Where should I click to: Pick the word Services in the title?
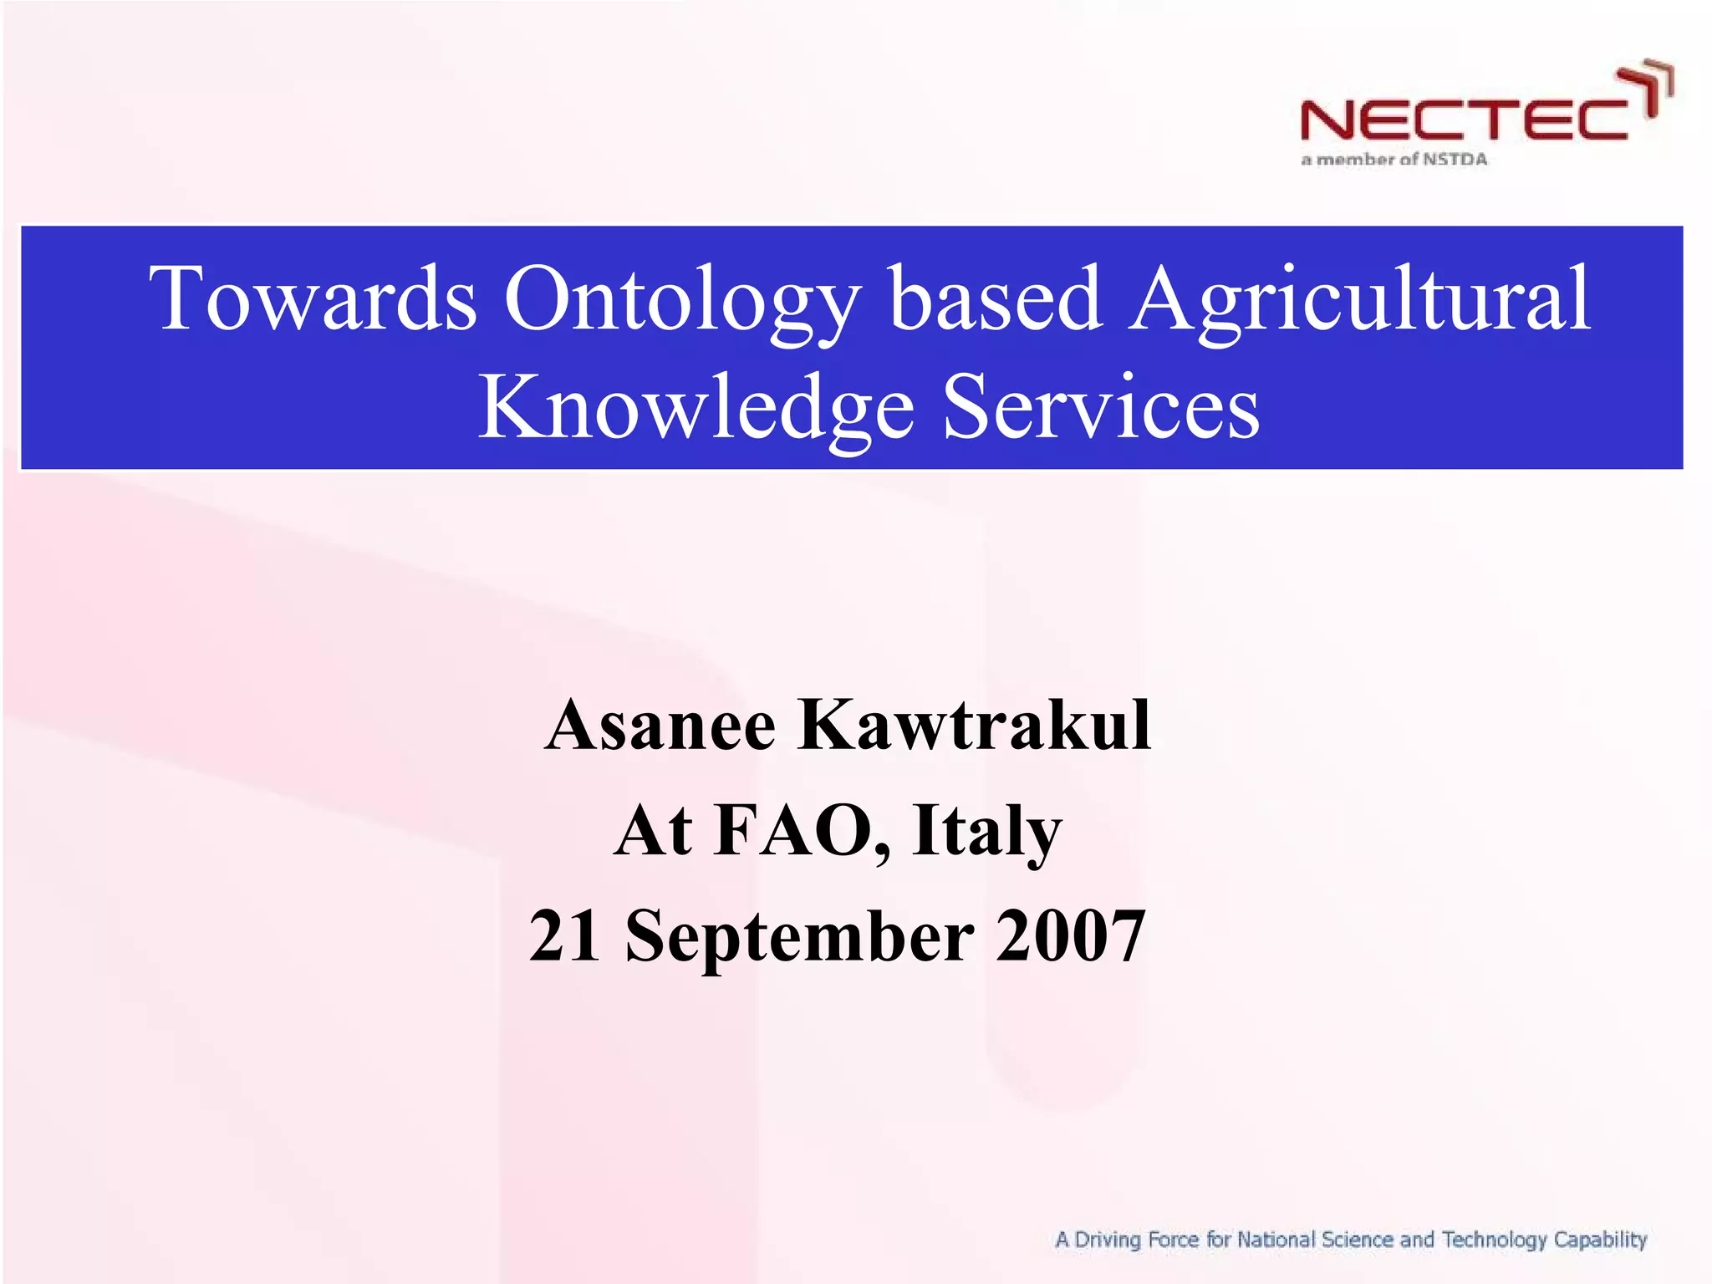click(x=1101, y=407)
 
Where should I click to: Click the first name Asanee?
click(x=660, y=725)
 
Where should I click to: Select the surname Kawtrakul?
click(x=976, y=725)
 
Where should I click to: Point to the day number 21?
click(x=564, y=935)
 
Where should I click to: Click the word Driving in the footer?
click(x=1107, y=1241)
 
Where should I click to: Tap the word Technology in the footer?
click(x=1494, y=1241)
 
